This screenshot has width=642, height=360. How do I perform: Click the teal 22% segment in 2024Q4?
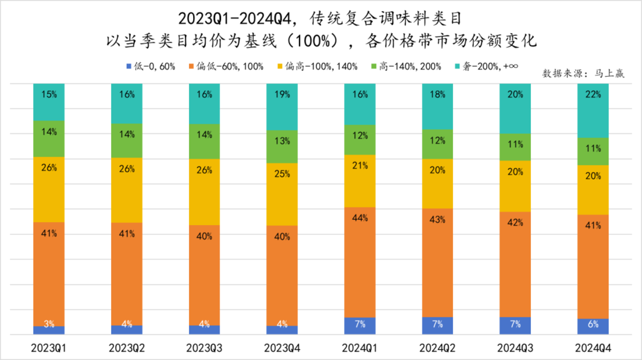point(593,110)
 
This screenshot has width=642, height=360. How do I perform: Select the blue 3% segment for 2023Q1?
point(49,330)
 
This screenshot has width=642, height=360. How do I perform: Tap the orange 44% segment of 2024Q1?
point(360,262)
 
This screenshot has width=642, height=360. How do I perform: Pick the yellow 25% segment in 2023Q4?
point(282,194)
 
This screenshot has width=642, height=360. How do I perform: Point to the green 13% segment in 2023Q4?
point(282,147)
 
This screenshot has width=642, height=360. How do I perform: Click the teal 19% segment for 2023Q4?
point(282,107)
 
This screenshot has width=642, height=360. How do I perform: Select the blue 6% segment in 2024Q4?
point(593,327)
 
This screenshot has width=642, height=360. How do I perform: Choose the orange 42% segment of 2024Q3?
point(515,264)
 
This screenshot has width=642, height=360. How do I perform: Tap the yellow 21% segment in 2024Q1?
point(360,181)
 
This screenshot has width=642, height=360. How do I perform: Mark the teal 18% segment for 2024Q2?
point(437,106)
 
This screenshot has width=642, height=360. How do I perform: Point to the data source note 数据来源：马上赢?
point(583,74)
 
